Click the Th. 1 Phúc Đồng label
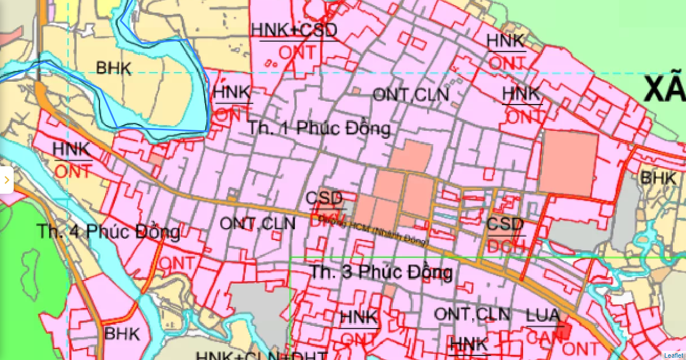(319, 129)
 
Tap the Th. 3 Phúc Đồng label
(381, 272)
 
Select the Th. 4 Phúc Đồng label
(109, 233)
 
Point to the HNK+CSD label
(294, 30)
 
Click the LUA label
(543, 316)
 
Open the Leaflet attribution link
(674, 355)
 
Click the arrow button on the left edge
(6, 181)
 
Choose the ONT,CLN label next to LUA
(472, 314)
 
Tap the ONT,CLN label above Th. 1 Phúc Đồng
(410, 95)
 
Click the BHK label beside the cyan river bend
(113, 69)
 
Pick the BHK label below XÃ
(658, 178)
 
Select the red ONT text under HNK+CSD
(297, 53)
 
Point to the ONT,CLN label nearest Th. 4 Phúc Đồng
(258, 223)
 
